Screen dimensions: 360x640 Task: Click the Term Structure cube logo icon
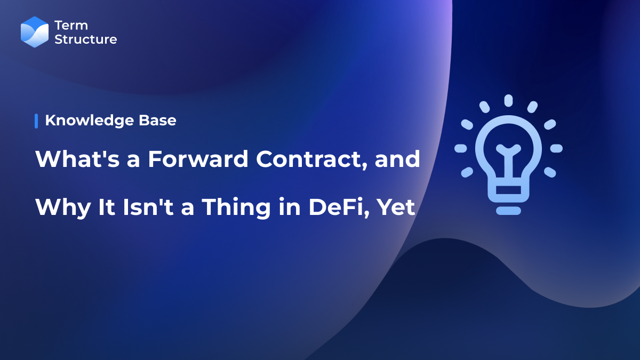point(35,32)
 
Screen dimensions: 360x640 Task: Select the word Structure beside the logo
point(85,39)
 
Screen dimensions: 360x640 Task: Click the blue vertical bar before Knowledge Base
point(36,121)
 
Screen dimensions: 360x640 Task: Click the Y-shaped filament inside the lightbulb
point(508,160)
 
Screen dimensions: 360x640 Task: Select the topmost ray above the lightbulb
point(508,101)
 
